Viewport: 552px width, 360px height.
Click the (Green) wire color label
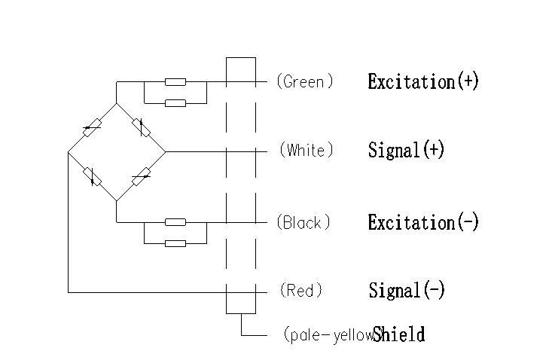[x=305, y=81]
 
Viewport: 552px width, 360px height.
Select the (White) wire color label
[x=306, y=151]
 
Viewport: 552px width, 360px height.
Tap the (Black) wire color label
[x=303, y=223]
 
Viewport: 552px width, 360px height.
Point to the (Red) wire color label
[x=301, y=290]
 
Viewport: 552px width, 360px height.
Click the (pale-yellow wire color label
[x=328, y=335]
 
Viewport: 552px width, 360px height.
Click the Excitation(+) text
[x=423, y=81]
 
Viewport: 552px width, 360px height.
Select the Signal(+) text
[x=406, y=151]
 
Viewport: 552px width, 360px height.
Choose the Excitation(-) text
[x=423, y=223]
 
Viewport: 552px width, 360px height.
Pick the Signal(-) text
[x=407, y=290]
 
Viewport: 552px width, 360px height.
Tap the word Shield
[x=399, y=334]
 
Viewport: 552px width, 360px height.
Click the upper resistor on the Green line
[x=175, y=81]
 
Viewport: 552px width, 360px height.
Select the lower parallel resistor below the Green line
[x=175, y=102]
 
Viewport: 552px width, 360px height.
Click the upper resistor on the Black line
[x=175, y=222]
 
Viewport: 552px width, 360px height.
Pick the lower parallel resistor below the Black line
[x=175, y=243]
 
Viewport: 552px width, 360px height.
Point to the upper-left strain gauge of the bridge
[x=92, y=128]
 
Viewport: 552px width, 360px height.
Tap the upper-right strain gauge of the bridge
[x=141, y=127]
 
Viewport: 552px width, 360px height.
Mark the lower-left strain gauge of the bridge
[x=92, y=176]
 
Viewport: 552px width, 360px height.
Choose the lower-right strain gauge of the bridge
[x=141, y=177]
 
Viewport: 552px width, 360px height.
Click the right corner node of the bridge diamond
[x=166, y=151]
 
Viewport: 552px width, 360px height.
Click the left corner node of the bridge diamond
[x=68, y=152]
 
